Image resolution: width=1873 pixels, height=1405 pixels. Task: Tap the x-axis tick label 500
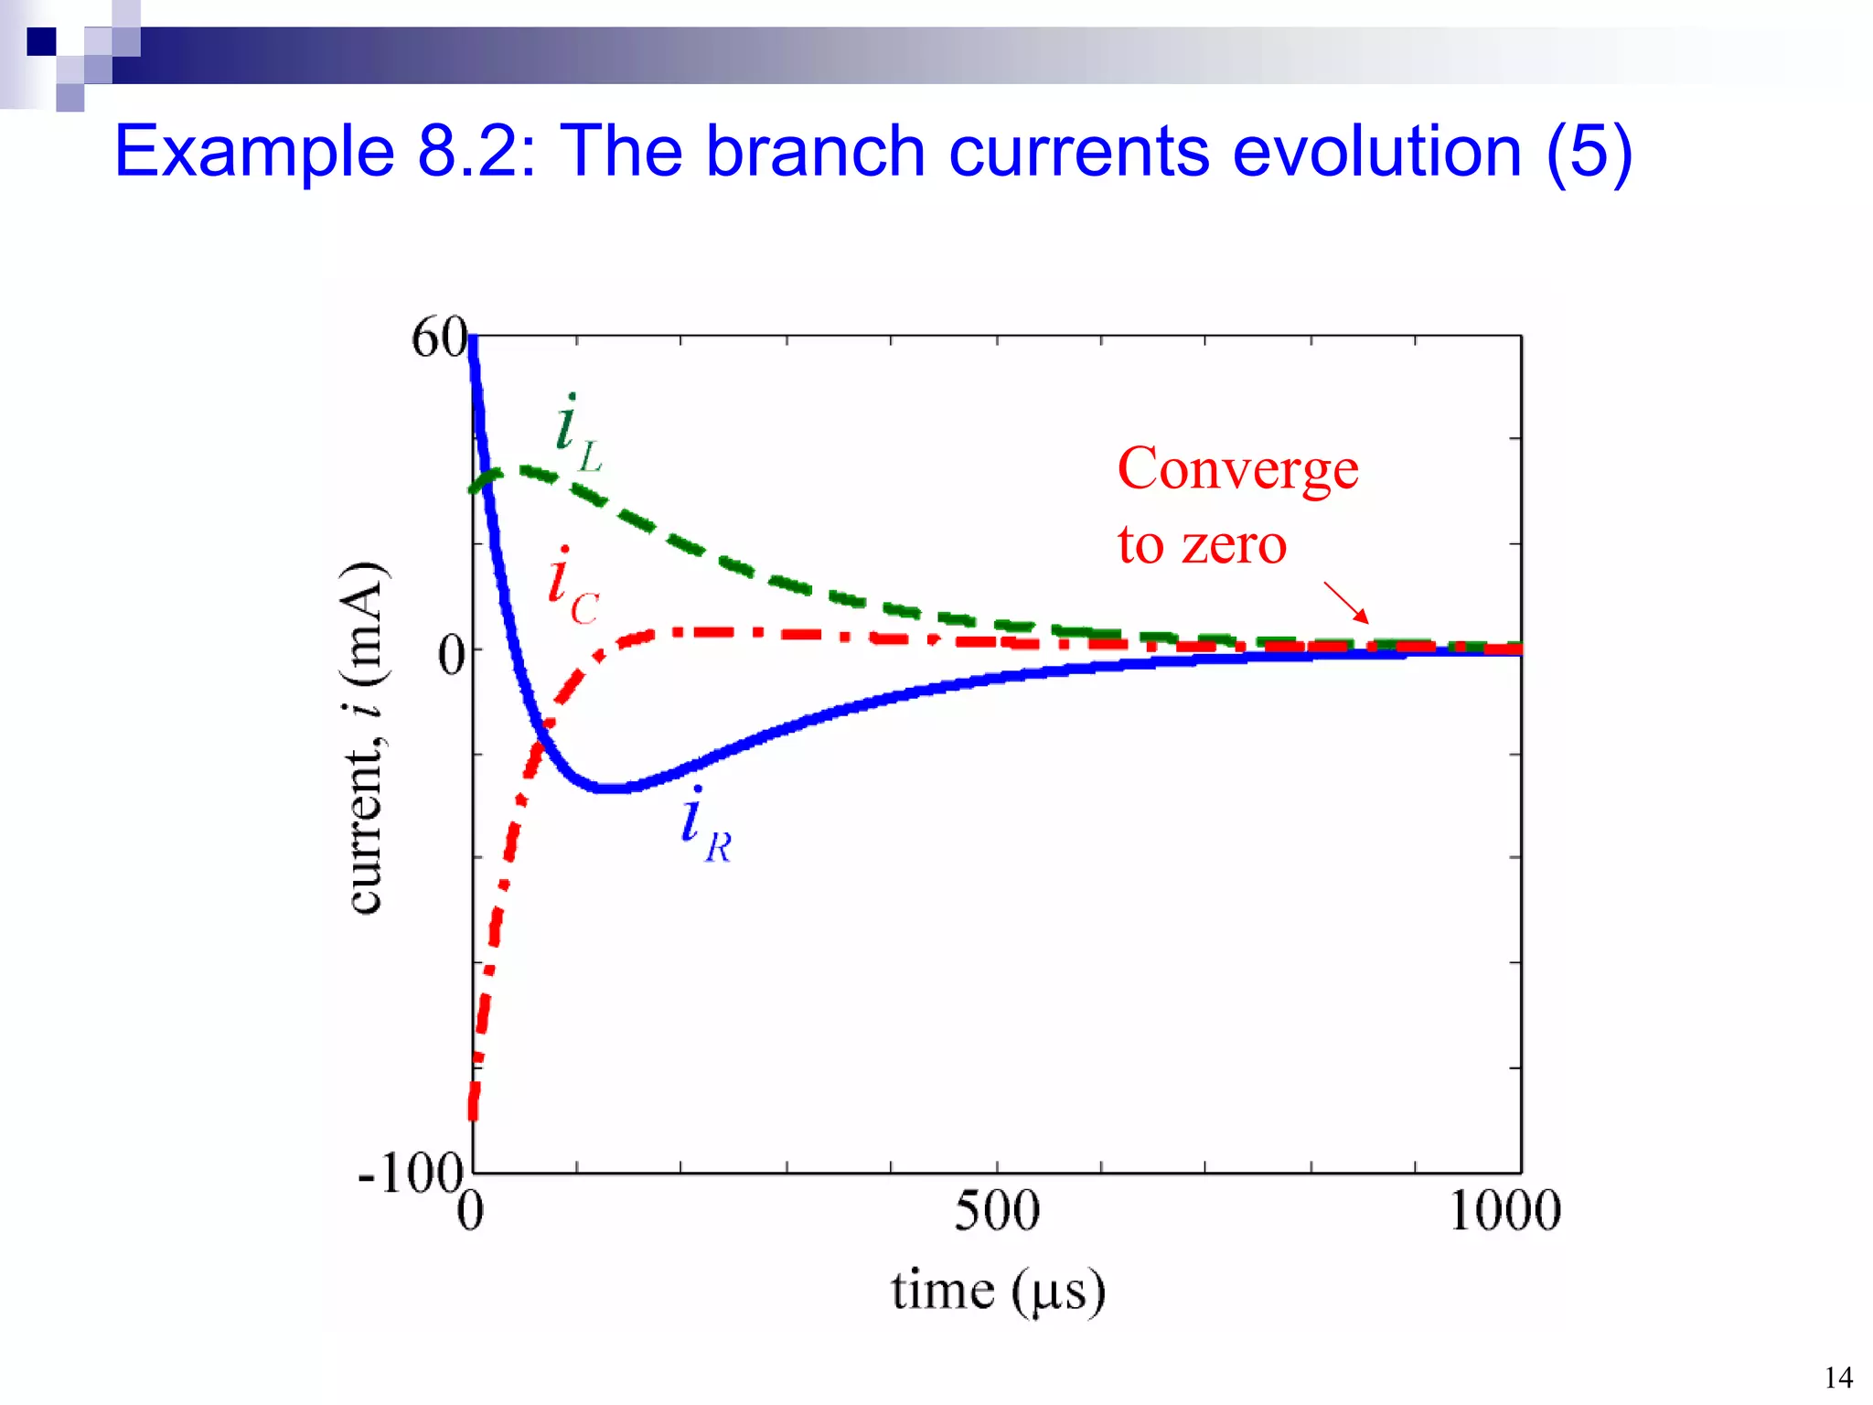click(996, 1211)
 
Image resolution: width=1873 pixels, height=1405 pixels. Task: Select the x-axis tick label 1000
click(1504, 1211)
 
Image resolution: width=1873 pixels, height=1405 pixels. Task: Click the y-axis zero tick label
click(451, 656)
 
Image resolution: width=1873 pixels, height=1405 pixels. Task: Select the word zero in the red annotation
click(1234, 545)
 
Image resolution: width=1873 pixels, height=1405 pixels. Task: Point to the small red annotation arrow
click(1346, 603)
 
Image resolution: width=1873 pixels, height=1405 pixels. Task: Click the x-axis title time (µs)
click(998, 1292)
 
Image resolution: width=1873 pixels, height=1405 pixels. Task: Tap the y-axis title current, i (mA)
click(365, 737)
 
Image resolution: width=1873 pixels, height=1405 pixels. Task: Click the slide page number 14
click(1837, 1377)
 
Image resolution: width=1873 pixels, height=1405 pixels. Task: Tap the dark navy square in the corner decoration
click(41, 42)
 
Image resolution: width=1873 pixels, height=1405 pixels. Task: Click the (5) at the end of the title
click(1589, 153)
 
